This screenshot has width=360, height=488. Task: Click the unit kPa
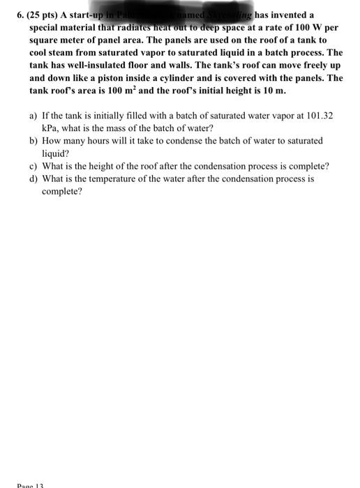click(50, 128)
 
